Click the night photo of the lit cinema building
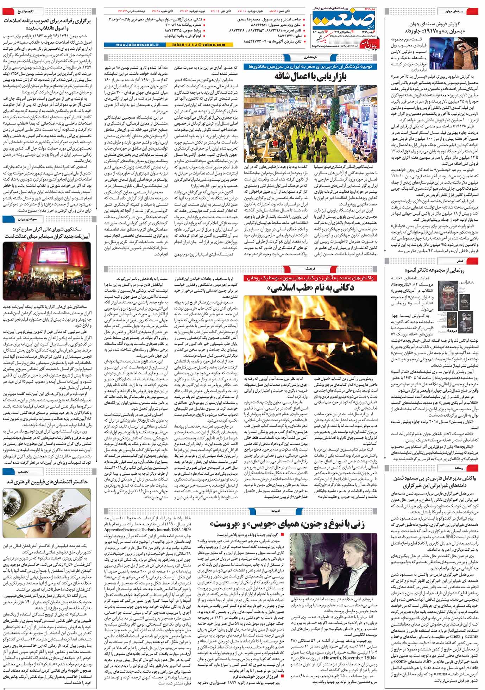[47, 271]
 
